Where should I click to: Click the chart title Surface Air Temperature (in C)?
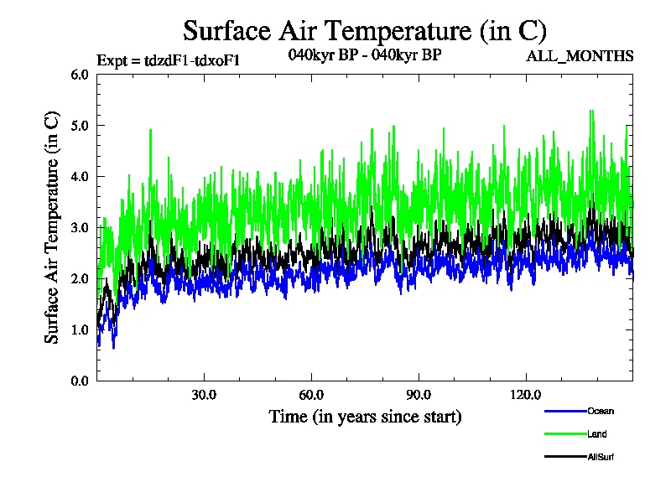(x=365, y=31)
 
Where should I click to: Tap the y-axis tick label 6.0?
(x=81, y=75)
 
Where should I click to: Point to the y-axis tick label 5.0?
(x=81, y=126)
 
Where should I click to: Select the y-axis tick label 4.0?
(x=81, y=177)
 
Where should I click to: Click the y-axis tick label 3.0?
(x=81, y=228)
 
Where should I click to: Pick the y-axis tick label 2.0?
(x=81, y=279)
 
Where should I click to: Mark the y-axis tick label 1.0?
(x=81, y=330)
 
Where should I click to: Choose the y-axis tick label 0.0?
(x=81, y=381)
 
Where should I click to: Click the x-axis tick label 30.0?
(x=205, y=395)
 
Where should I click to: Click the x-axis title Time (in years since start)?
(x=365, y=417)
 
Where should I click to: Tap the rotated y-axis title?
(x=52, y=227)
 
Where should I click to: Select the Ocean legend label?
(x=601, y=411)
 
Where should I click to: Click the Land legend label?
(x=597, y=433)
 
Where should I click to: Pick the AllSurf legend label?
(x=601, y=456)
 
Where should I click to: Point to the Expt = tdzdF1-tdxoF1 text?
(x=169, y=60)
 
